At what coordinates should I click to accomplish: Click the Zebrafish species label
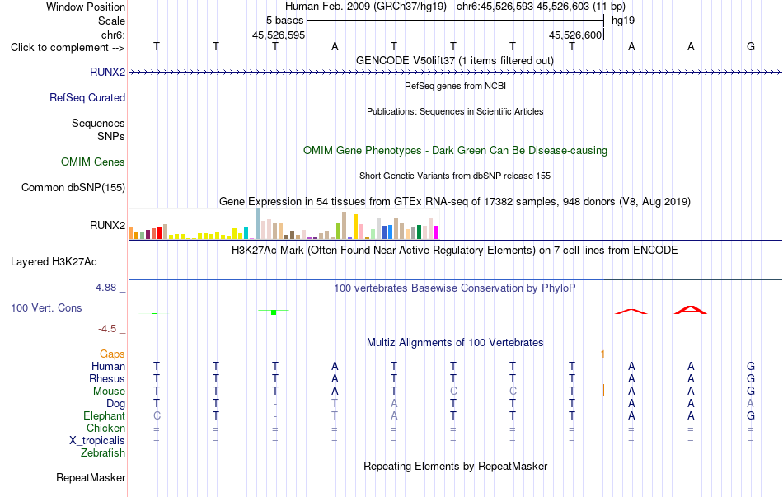[103, 453]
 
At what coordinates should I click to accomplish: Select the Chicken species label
[105, 428]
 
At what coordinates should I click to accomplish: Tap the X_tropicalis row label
[97, 441]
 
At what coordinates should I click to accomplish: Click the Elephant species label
[105, 415]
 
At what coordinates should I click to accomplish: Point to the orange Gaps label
[112, 354]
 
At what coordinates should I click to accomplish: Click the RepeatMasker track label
[91, 477]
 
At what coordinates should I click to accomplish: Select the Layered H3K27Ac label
[54, 262]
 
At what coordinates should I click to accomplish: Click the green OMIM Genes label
[93, 162]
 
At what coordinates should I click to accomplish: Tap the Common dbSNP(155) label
[73, 187]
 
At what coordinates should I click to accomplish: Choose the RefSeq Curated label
[87, 97]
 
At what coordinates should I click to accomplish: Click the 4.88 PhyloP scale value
[105, 287]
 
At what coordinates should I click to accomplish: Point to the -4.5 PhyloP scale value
[107, 328]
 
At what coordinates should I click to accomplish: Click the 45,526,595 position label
[279, 35]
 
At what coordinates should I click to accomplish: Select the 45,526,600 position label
[575, 35]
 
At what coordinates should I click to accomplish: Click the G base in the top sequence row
[751, 46]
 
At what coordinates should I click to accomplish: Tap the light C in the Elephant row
[157, 415]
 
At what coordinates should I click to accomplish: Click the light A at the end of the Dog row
[751, 403]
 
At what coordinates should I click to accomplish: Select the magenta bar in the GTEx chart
[437, 232]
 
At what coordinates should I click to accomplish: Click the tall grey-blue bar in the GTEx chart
[258, 224]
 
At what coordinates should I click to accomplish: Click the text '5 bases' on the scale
[284, 21]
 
